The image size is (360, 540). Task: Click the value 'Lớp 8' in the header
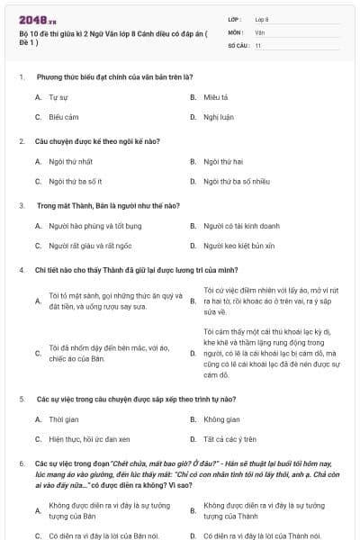(x=262, y=18)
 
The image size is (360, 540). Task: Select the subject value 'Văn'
(x=260, y=31)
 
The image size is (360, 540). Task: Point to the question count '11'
(x=258, y=43)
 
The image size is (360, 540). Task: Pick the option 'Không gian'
(x=220, y=419)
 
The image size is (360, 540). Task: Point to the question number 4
(x=21, y=270)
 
